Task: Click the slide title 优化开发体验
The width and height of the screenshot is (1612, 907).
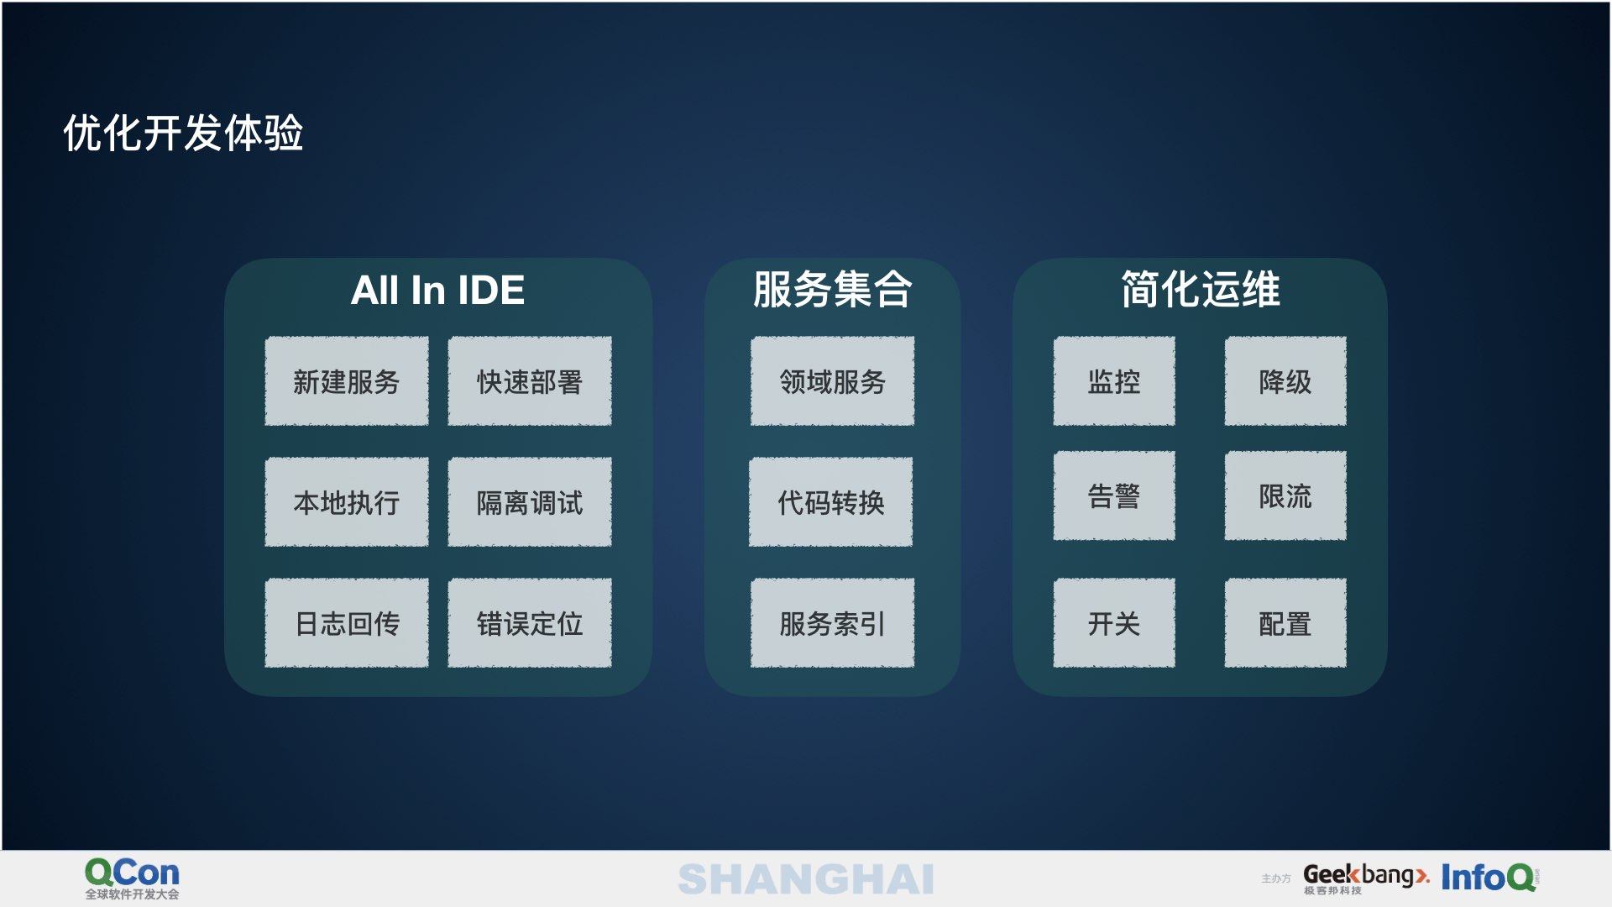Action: (x=183, y=133)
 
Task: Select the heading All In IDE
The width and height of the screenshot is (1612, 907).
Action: (x=437, y=291)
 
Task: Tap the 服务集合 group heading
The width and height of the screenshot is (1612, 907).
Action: (x=832, y=290)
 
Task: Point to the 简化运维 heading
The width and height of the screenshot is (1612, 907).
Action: (x=1201, y=290)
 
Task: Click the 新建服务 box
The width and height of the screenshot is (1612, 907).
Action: (x=347, y=381)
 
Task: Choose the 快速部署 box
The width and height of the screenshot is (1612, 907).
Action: (x=530, y=381)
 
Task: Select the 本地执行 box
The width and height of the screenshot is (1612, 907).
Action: (x=347, y=502)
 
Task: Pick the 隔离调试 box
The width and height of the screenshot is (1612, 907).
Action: (x=530, y=502)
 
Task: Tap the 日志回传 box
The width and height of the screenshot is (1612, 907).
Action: (x=347, y=623)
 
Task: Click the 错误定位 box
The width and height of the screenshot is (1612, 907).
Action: (x=530, y=623)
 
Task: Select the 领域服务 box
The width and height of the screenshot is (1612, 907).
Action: (x=832, y=381)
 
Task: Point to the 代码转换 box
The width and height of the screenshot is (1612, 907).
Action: (x=831, y=502)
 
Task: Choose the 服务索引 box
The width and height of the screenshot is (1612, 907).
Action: (x=832, y=623)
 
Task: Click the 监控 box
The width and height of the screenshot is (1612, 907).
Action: (x=1114, y=381)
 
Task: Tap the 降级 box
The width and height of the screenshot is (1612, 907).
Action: (x=1285, y=381)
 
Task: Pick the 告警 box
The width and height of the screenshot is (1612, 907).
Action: (x=1114, y=495)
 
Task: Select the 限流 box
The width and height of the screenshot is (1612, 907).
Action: (x=1285, y=495)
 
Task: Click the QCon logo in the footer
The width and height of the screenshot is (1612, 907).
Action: (x=132, y=878)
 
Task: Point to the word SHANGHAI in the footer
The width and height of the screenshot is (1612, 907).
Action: (x=806, y=879)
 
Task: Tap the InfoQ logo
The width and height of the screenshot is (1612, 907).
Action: (x=1490, y=878)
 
